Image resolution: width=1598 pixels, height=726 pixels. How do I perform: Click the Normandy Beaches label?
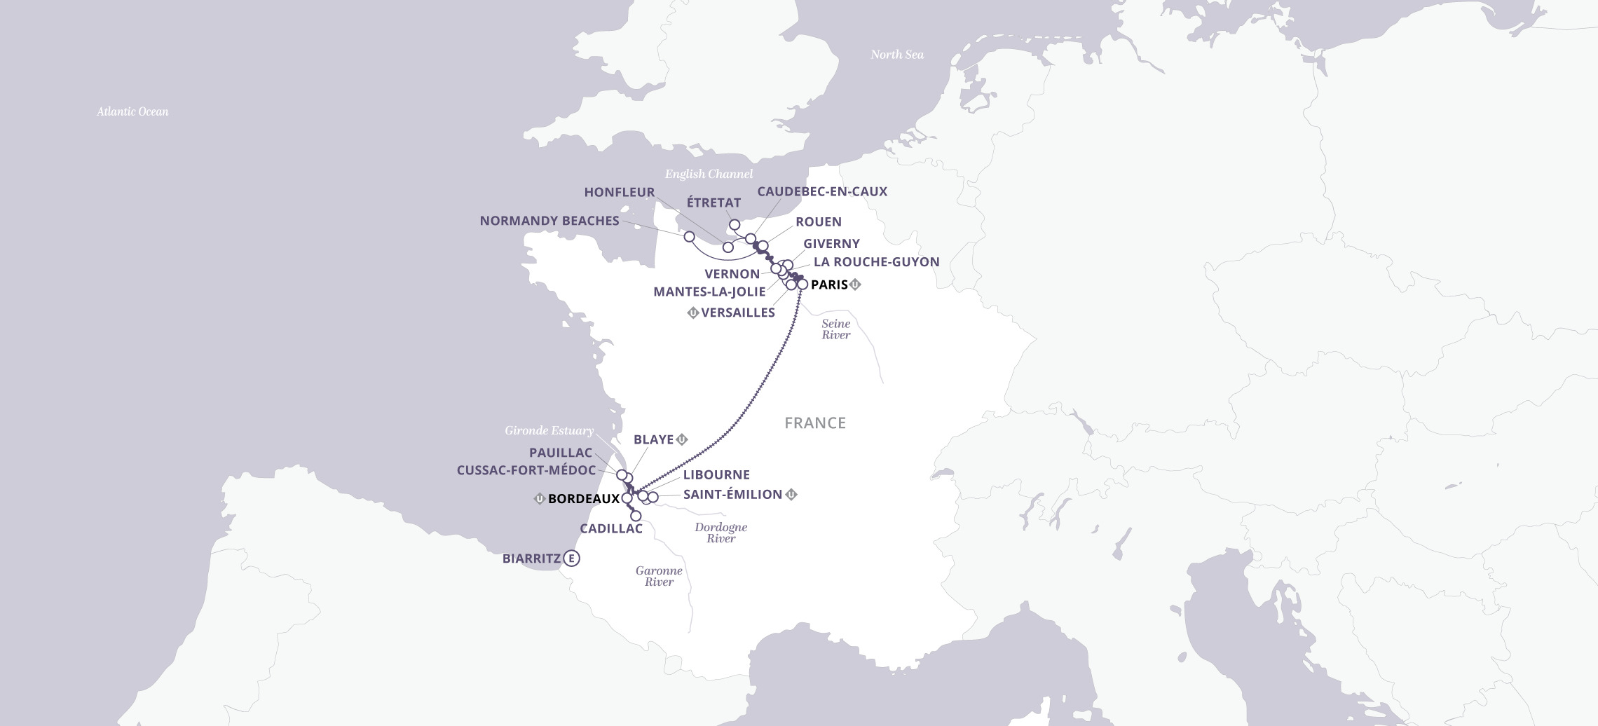[x=549, y=221]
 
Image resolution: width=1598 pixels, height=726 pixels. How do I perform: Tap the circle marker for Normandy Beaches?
[x=689, y=236]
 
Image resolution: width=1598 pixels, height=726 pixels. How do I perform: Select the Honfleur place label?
[x=619, y=192]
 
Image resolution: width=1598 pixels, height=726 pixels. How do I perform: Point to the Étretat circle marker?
[x=735, y=225]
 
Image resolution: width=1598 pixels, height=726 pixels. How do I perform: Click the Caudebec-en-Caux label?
[x=822, y=191]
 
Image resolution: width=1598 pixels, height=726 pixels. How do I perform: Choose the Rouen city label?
[x=818, y=221]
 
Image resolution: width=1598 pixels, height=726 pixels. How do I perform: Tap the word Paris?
[x=828, y=285]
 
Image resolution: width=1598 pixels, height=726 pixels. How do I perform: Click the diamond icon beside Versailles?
[x=692, y=313]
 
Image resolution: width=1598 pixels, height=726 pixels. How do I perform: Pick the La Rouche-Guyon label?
[x=876, y=261]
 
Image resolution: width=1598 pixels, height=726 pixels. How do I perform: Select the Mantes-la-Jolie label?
[x=709, y=292]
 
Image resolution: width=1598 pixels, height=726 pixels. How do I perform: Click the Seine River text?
[x=835, y=329]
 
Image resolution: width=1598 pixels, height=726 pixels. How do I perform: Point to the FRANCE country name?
[x=814, y=423]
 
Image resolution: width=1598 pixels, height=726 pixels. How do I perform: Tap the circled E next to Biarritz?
[x=573, y=559]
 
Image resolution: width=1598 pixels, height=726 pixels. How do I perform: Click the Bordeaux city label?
[x=583, y=499]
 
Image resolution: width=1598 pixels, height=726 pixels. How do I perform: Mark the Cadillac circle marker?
[x=636, y=516]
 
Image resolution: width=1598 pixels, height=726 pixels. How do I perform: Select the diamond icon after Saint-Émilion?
[x=791, y=494]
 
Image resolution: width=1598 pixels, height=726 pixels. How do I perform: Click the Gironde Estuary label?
[x=549, y=430]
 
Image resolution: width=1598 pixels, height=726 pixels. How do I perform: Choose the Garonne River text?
[x=658, y=576]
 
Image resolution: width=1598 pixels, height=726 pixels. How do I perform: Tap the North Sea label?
[x=896, y=55]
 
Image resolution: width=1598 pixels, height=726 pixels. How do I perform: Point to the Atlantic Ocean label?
[x=132, y=111]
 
